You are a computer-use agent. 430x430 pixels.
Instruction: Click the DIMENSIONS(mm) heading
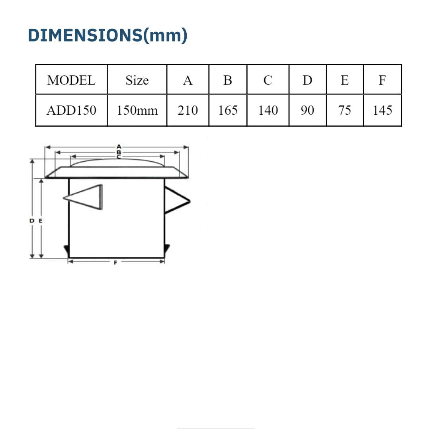coord(107,36)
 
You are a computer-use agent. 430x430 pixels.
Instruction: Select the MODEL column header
coord(71,80)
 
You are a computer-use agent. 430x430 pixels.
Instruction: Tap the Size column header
coord(137,80)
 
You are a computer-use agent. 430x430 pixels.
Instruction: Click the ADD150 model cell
coord(71,110)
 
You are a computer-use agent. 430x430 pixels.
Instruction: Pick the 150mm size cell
coord(137,110)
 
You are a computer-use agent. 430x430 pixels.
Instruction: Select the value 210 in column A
coord(188,110)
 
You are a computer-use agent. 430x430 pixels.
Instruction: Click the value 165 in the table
coord(228,110)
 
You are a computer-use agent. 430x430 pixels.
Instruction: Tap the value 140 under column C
coord(268,110)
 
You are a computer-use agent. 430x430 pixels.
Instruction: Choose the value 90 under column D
coord(307,110)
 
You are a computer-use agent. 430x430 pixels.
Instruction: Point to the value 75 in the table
coord(344,110)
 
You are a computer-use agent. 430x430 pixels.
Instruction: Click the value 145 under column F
coord(382,110)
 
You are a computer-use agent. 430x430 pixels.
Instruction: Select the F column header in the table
coord(382,80)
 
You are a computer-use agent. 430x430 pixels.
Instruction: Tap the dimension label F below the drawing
coord(115,263)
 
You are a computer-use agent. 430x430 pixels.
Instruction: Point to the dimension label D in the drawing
coord(32,220)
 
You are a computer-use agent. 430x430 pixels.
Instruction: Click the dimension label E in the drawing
coord(41,220)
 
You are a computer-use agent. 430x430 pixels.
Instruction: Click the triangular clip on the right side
coord(176,200)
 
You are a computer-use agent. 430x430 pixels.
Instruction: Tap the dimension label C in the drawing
coord(119,157)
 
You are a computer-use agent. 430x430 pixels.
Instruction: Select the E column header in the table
coord(344,80)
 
